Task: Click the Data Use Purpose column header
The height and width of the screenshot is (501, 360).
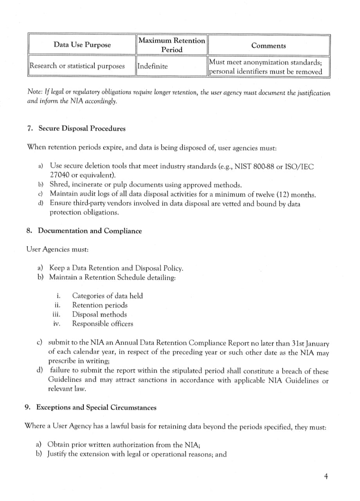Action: pos(82,45)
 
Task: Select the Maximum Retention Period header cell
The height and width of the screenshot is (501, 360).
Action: pos(172,45)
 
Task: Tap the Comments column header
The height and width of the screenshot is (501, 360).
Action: pos(268,45)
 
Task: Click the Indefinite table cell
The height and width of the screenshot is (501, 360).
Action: pos(153,66)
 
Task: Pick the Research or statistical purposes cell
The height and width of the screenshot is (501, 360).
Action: pos(77,66)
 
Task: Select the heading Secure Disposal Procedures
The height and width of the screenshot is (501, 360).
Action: pos(82,128)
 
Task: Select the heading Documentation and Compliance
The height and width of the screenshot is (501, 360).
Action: pos(90,231)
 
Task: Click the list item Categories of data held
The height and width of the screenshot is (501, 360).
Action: pos(108,296)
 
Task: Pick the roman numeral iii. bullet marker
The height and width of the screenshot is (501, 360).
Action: pos(56,314)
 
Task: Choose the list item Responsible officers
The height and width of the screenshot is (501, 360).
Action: pos(103,324)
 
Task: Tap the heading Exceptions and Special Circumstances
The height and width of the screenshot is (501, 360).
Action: pos(96,407)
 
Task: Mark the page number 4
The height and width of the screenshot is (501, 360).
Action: pos(326,476)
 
